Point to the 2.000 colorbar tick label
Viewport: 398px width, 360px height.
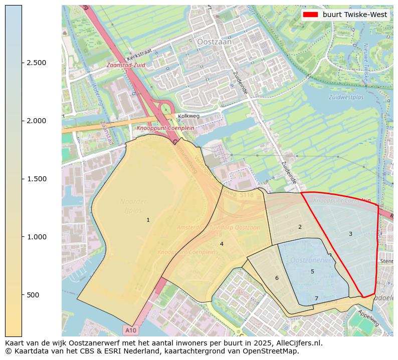coord(37,121)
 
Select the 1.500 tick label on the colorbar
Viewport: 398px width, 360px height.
coord(37,179)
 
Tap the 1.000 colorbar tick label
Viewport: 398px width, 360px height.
coord(37,237)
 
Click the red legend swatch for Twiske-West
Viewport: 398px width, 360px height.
coord(311,15)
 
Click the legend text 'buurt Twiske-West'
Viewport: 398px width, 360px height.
coord(355,15)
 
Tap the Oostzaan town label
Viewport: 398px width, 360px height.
coord(215,43)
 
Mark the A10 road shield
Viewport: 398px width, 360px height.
coord(130,330)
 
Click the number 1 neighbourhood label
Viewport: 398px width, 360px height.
coord(148,220)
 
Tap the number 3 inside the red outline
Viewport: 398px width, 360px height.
coord(350,234)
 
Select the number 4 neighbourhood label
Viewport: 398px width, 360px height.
coord(222,244)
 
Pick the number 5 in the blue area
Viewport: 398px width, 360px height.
coord(312,271)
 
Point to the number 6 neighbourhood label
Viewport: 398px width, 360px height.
coord(277,278)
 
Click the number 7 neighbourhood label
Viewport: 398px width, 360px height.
coord(316,298)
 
